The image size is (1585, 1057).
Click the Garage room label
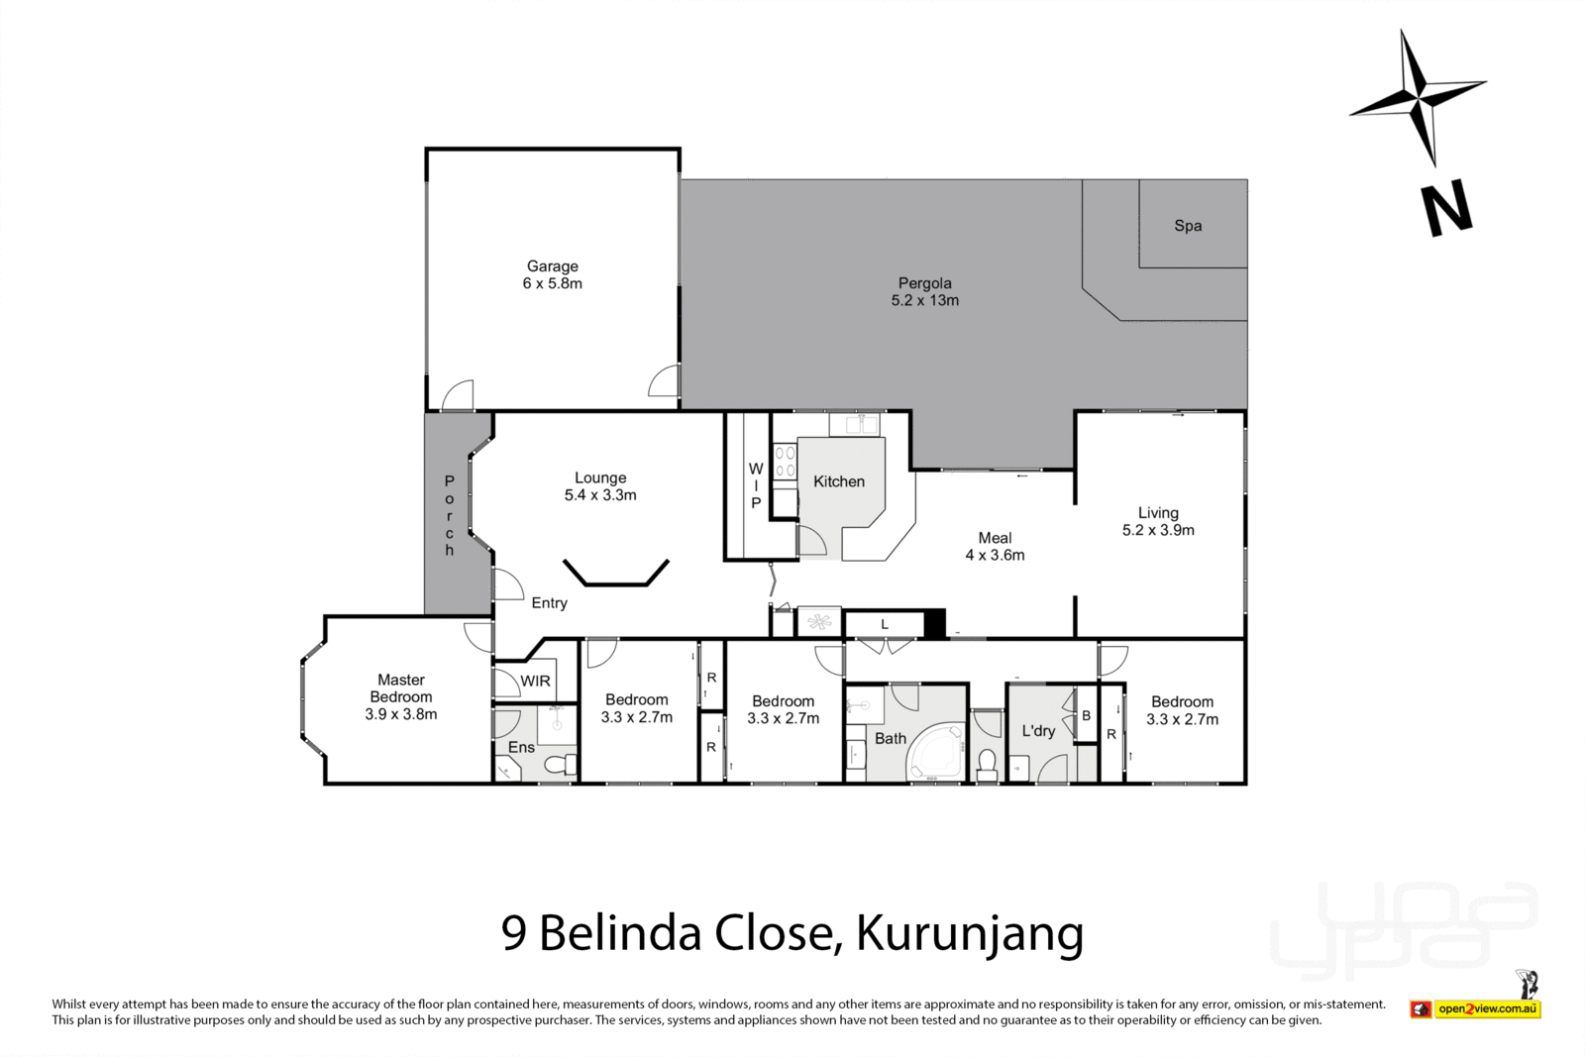[x=552, y=274]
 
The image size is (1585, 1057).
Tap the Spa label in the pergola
[x=1188, y=226]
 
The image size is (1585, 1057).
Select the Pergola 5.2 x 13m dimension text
[x=924, y=300]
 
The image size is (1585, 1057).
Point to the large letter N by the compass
[x=1447, y=210]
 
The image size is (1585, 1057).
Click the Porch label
[x=449, y=515]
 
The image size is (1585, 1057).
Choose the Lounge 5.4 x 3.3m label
[x=600, y=486]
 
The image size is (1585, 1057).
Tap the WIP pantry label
[x=756, y=485]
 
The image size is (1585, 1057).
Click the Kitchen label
[x=839, y=481]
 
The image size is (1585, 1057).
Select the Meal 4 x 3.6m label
[x=995, y=547]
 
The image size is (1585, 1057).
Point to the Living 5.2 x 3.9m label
[x=1158, y=521]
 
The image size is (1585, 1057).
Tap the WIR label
[x=536, y=682]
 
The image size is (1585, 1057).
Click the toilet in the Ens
[x=564, y=765]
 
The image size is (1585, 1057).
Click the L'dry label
[x=1038, y=731]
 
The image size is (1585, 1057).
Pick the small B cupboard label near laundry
[x=1086, y=715]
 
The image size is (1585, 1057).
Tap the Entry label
[x=549, y=602]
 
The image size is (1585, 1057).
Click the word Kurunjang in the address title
[x=969, y=932]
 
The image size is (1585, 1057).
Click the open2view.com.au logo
[x=1486, y=1009]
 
